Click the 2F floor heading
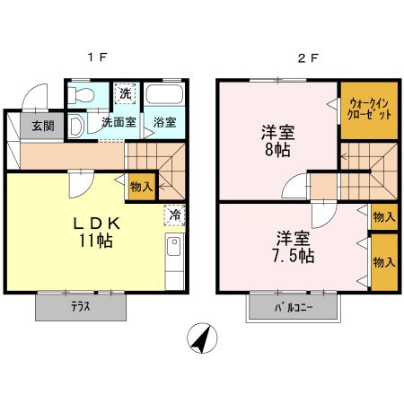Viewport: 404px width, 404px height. [x=308, y=59]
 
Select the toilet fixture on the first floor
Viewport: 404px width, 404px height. [x=83, y=94]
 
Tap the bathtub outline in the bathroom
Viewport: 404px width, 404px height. [x=164, y=96]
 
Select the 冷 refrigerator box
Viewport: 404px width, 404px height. [x=176, y=215]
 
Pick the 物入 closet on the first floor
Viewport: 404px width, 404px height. [x=142, y=188]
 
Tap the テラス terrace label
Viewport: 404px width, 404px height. [x=83, y=307]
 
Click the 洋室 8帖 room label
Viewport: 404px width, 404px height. [x=277, y=140]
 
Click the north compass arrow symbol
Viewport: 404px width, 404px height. [x=203, y=339]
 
